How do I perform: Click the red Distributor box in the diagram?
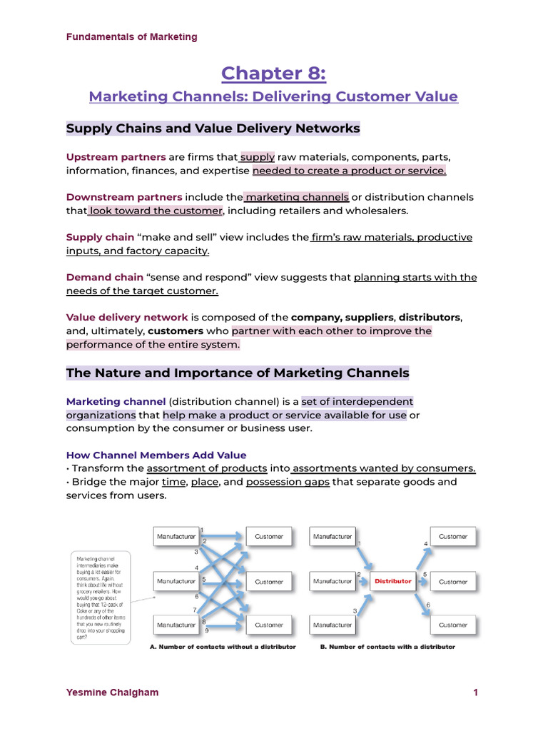click(393, 581)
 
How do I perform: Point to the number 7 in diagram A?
click(194, 610)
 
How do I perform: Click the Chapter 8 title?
click(273, 73)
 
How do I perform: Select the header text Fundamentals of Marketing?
click(132, 36)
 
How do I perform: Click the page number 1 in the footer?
click(475, 692)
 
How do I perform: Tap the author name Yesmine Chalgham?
click(112, 692)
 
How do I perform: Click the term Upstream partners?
click(116, 157)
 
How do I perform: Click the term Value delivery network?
click(127, 317)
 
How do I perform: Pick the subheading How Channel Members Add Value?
click(156, 455)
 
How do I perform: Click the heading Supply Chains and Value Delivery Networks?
click(213, 128)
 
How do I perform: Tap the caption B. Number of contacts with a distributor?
click(387, 647)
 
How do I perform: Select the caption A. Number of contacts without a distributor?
click(223, 647)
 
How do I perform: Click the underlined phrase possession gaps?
click(288, 482)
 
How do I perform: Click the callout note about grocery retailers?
click(100, 596)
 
